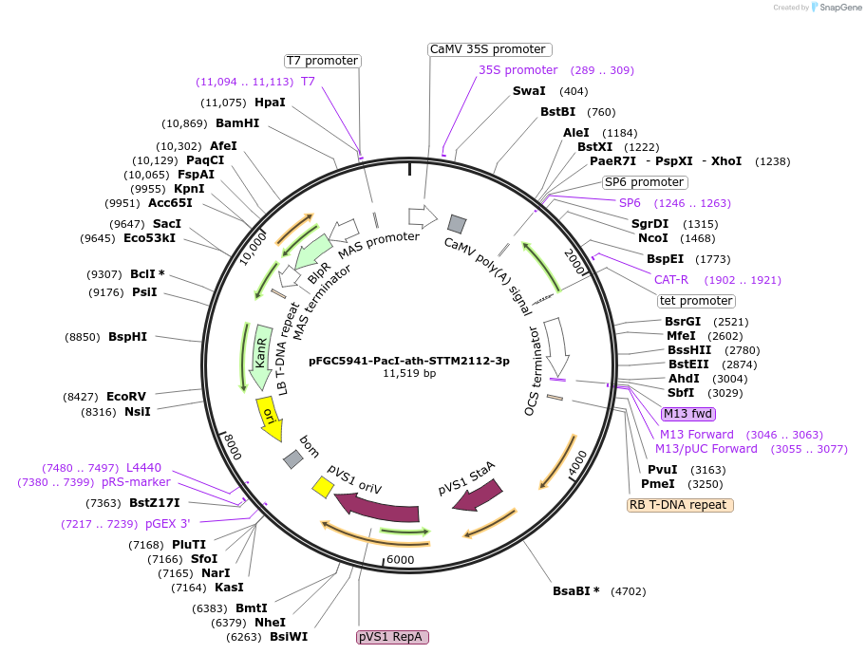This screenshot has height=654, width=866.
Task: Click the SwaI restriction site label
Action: point(529,91)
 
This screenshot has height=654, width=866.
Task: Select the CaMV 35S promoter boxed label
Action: point(488,49)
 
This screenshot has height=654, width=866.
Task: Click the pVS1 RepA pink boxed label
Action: point(393,637)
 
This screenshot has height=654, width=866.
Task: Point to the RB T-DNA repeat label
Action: point(681,505)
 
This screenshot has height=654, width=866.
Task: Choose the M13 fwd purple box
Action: point(688,414)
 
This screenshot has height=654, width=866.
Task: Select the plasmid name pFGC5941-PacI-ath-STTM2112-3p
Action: point(408,361)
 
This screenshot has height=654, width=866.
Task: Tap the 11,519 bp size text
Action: point(409,374)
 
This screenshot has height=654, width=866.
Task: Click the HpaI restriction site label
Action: point(270,103)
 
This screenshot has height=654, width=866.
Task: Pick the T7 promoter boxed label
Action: point(323,61)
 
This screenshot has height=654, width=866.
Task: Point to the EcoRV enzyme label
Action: point(126,397)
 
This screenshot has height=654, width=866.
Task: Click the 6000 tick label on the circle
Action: point(400,560)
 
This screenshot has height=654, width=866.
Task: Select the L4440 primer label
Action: point(143,468)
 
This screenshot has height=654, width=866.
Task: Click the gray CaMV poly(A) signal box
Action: point(458,224)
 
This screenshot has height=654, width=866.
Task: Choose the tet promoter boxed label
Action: point(696,301)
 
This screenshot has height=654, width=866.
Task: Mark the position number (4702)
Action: point(628,591)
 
